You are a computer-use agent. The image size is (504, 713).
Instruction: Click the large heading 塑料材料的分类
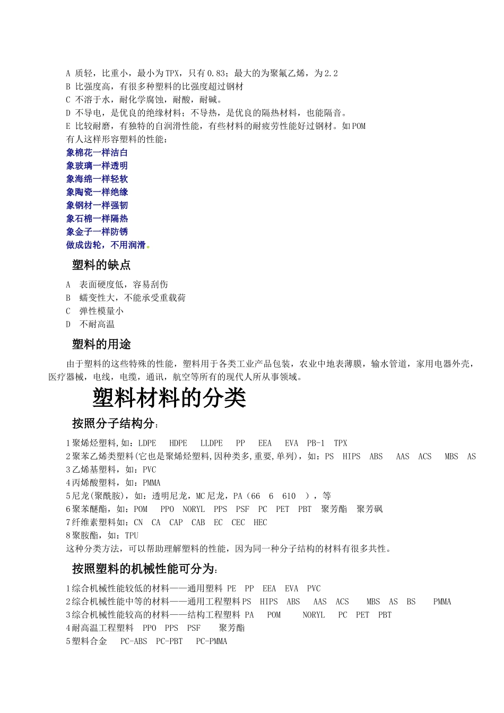click(169, 398)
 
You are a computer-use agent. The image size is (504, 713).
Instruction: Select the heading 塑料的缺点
click(101, 265)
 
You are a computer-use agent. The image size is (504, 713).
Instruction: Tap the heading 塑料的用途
click(101, 344)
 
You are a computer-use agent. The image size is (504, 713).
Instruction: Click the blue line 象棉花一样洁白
click(97, 153)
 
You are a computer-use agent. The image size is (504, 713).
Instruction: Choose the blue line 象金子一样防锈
click(97, 232)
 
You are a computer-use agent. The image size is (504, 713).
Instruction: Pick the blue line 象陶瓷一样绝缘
click(97, 192)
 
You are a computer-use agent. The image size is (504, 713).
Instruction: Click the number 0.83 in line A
click(218, 73)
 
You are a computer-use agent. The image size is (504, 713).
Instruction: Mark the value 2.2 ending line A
click(331, 73)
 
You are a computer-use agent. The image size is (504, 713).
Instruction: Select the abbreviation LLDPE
click(212, 443)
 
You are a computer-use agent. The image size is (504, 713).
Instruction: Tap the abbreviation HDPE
click(178, 443)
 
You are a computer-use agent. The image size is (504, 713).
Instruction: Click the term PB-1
click(316, 443)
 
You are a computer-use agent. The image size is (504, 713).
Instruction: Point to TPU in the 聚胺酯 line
click(132, 535)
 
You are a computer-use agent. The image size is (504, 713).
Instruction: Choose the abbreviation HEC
click(260, 523)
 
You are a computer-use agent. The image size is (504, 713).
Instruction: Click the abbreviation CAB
click(198, 523)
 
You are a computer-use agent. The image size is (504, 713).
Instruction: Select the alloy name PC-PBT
click(169, 641)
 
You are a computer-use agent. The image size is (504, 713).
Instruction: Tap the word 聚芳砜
click(370, 509)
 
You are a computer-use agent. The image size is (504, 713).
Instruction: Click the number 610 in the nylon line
click(289, 496)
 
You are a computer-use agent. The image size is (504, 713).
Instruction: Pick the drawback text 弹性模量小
click(101, 311)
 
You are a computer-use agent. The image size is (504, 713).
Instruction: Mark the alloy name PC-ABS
click(134, 641)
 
